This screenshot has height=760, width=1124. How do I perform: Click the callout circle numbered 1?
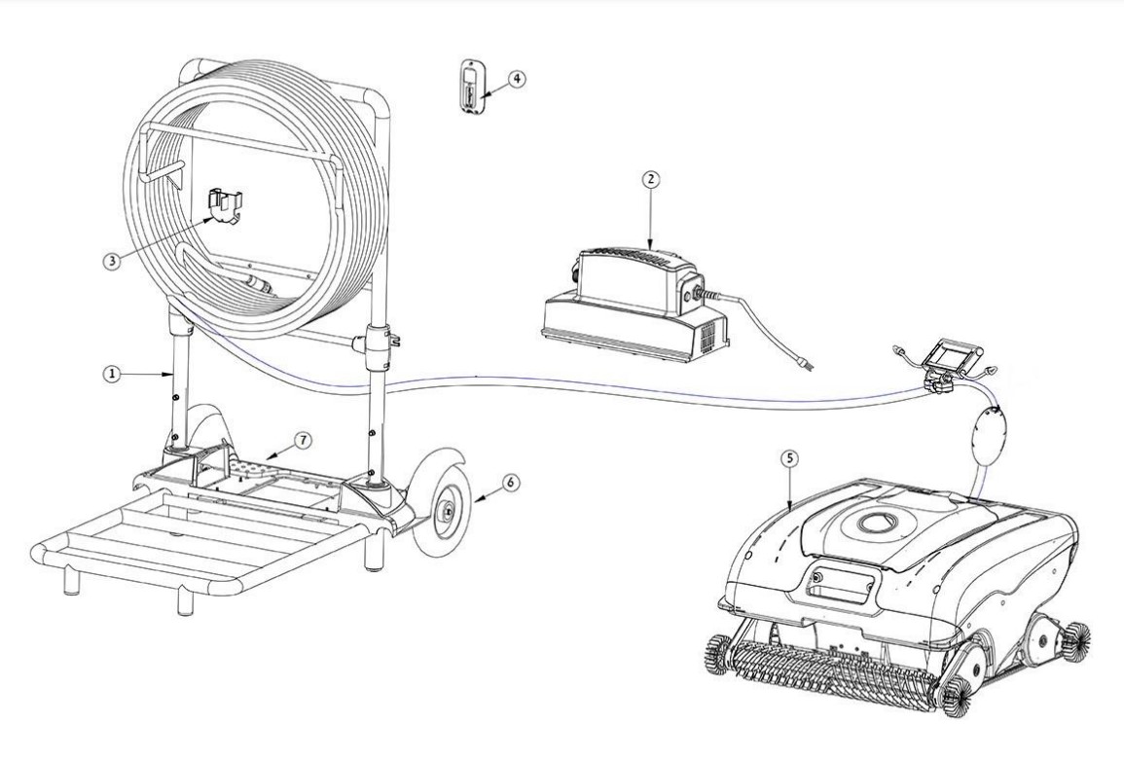[x=114, y=374]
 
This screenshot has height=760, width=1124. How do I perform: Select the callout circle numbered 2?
[x=651, y=179]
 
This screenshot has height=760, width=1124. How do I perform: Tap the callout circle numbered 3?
[x=114, y=264]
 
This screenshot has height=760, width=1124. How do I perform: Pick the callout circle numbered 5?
[x=792, y=457]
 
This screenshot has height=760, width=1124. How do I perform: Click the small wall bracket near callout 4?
[x=473, y=88]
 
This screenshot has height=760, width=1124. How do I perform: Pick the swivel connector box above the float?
[x=944, y=357]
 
